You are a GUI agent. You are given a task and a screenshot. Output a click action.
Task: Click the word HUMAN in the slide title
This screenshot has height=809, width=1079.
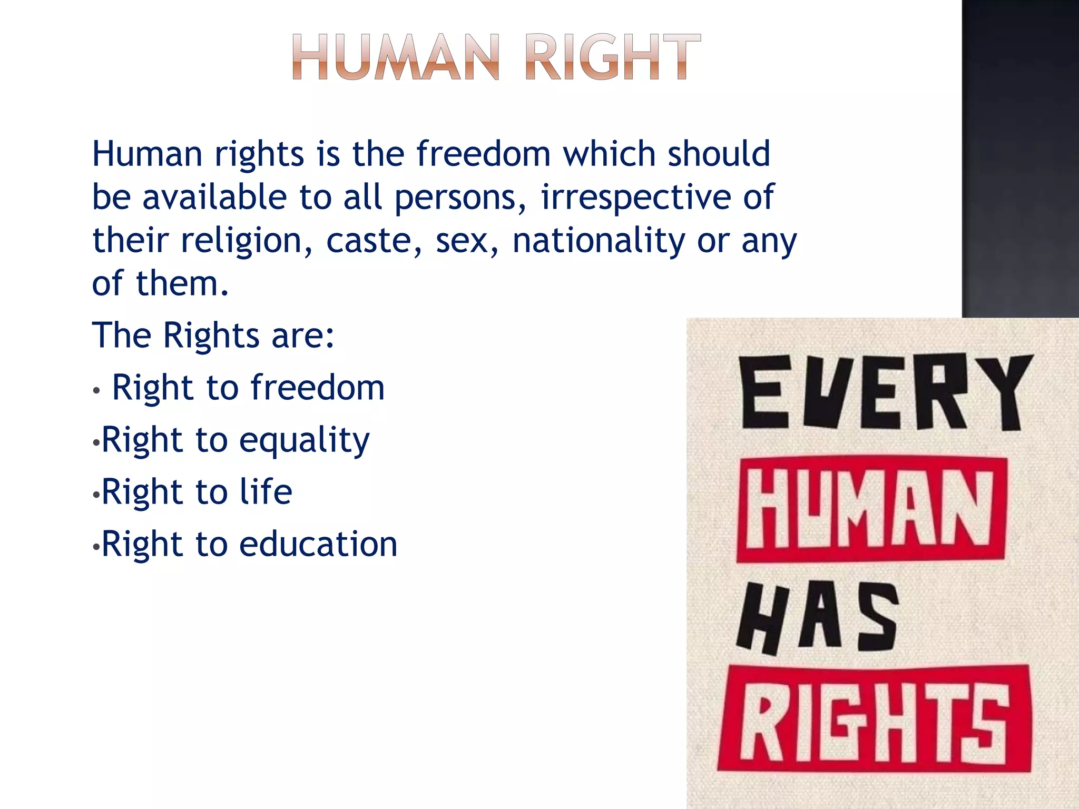pos(395,56)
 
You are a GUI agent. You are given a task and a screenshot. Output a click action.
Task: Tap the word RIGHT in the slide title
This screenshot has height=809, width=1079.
pos(613,56)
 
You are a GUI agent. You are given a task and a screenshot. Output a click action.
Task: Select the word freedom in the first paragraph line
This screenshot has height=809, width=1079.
pos(484,154)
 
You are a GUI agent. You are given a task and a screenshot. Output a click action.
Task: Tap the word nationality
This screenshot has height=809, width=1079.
pos(599,241)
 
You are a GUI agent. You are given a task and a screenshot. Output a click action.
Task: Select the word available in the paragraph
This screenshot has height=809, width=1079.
pos(215,197)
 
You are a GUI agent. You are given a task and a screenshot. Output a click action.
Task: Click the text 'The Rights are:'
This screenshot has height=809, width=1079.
pos(213,335)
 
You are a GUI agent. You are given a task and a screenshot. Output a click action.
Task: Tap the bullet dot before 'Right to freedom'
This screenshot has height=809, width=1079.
pos(96,391)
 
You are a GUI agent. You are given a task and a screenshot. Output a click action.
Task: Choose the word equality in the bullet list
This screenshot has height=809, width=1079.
pos(305,440)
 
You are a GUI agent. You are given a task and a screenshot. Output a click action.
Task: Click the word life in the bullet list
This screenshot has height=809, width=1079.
pos(266,491)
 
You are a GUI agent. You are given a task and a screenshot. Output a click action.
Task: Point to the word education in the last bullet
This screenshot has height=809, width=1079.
pos(318,544)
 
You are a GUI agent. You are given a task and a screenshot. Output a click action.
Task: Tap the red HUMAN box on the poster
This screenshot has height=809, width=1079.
pos(871,509)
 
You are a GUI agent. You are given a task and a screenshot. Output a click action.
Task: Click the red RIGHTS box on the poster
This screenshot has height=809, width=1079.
pos(875,719)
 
